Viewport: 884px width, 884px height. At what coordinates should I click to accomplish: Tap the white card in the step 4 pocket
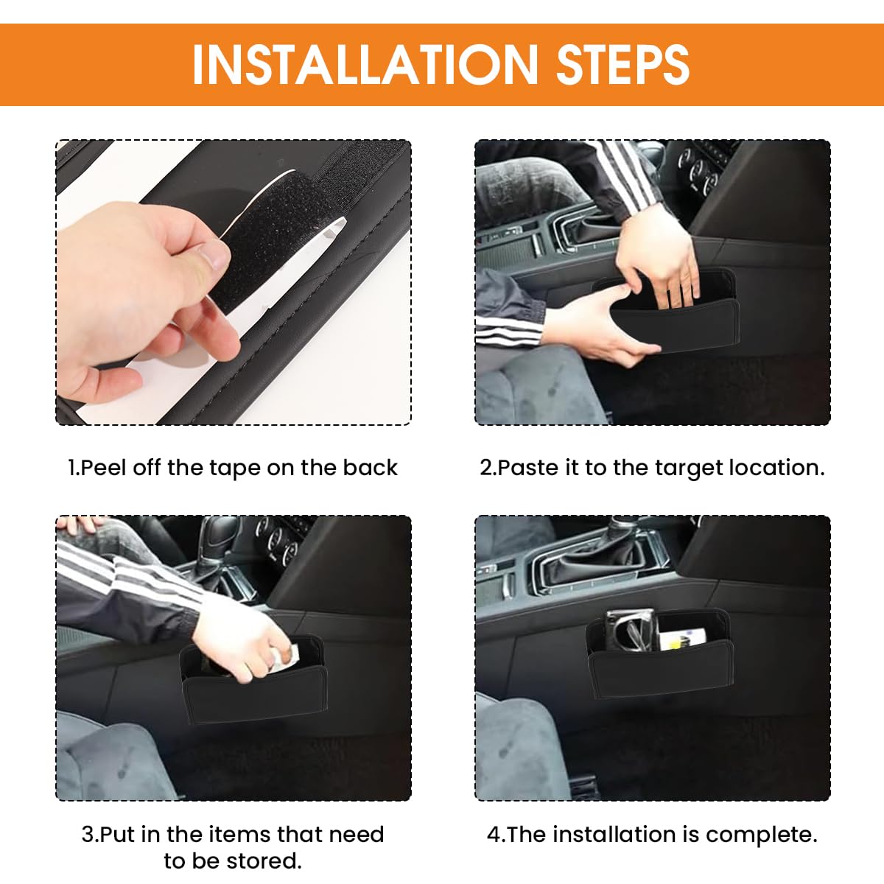click(x=685, y=637)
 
